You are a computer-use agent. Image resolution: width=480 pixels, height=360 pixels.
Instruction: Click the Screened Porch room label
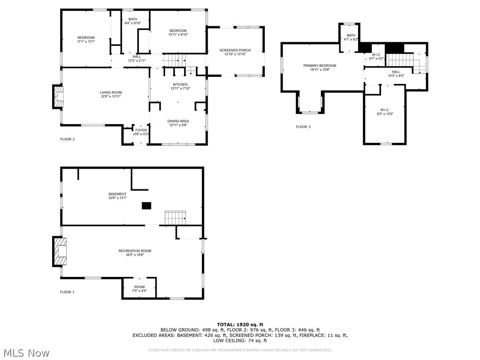[235, 50]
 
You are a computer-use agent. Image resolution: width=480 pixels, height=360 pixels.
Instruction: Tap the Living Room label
[111, 92]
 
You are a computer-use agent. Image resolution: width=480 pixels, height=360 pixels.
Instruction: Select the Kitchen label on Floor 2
[180, 84]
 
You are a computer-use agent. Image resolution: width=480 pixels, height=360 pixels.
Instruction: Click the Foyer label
[141, 130]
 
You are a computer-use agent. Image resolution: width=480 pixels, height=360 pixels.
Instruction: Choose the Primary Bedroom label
[320, 66]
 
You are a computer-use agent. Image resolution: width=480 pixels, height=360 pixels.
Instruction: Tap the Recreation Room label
[135, 251]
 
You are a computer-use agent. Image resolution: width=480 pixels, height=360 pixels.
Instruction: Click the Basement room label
[117, 194]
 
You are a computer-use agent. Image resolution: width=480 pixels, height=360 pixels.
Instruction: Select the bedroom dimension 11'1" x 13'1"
[86, 41]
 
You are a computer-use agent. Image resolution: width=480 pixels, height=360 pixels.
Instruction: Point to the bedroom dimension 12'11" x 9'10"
[178, 34]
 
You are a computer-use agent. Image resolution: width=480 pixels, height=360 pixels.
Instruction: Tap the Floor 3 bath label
[351, 36]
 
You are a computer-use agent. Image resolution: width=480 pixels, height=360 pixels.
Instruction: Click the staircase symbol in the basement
[175, 218]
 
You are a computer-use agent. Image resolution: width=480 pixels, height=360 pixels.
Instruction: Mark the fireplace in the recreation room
[60, 252]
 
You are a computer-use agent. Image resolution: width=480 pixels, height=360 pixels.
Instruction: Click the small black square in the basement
[147, 205]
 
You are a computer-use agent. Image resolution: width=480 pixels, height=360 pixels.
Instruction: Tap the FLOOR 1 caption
[67, 292]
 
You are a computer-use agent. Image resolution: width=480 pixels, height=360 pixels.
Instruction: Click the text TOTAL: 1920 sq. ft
[240, 324]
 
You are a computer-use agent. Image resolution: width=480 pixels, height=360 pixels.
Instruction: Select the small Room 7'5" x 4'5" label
[140, 287]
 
